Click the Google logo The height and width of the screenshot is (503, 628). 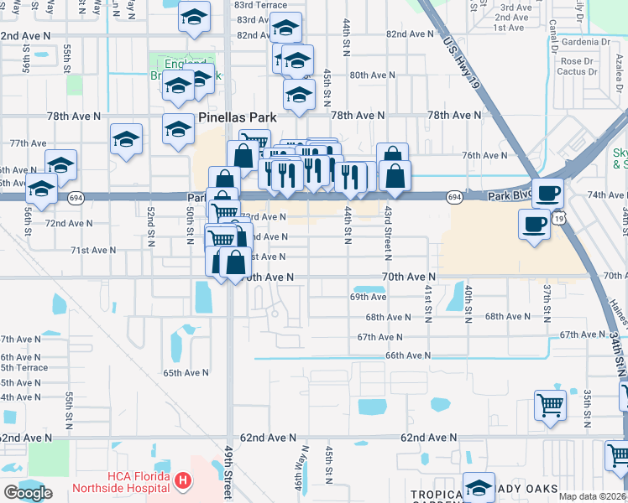point(28,493)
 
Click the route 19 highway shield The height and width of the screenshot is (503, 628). point(559,217)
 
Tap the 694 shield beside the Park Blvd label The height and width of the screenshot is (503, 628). point(454,197)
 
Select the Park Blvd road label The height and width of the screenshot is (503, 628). point(510,195)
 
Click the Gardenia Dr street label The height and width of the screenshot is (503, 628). point(585,41)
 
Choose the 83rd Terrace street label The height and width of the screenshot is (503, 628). point(261,5)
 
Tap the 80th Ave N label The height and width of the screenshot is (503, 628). point(372,75)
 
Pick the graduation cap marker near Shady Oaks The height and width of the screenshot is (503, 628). point(479,487)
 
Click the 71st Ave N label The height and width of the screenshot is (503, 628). point(92,250)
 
